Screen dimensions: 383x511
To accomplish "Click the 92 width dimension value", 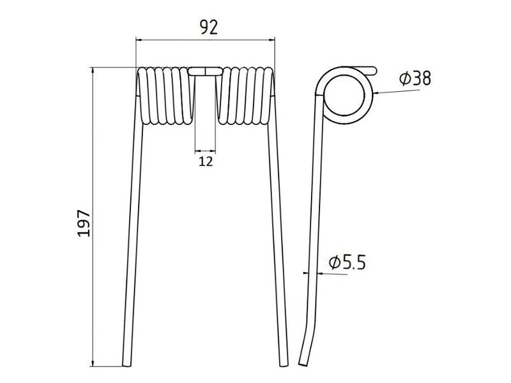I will click(206, 27).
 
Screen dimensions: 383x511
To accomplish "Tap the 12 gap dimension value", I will click(206, 161).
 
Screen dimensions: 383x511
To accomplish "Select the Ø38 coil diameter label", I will click(415, 79).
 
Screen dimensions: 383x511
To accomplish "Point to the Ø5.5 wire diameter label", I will click(347, 262).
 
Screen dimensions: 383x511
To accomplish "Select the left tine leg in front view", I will click(130, 243).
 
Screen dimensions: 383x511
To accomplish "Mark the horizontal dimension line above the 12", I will click(206, 151).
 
